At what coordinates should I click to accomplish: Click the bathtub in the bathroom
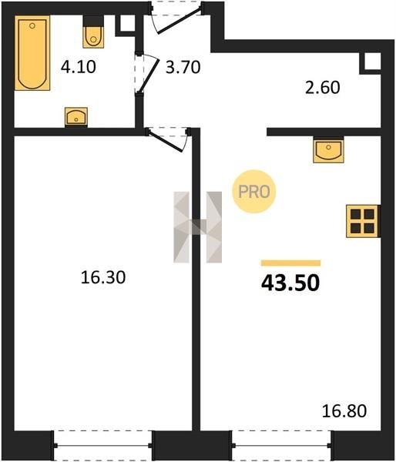point(32,53)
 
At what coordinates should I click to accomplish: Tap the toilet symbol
point(93,32)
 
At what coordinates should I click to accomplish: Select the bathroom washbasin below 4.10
point(76,117)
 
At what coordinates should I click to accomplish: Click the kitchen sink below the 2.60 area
point(328,149)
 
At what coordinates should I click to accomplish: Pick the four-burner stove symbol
point(363,221)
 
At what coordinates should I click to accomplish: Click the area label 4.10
point(78,67)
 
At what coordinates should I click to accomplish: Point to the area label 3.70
point(183,67)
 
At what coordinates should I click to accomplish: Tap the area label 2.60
point(322,88)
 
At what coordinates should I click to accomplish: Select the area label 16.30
point(103,277)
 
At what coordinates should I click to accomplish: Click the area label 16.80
point(344,411)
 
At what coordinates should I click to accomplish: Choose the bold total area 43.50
point(290,283)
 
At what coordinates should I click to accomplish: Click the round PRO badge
point(254,192)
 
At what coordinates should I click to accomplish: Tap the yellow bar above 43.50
point(290,263)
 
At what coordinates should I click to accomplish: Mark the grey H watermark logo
point(197,227)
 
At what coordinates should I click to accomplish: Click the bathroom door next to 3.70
point(146,73)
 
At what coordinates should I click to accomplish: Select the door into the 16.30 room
point(168,139)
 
